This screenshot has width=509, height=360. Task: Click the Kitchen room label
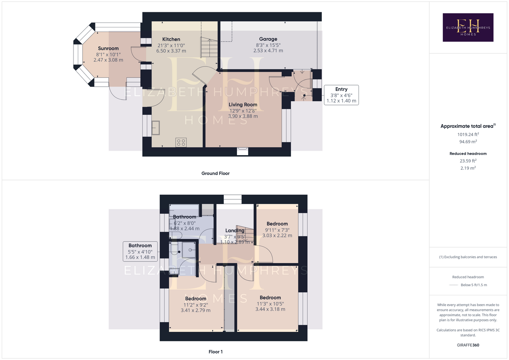pyautogui.click(x=171, y=39)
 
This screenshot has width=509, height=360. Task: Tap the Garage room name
pyautogui.click(x=268, y=39)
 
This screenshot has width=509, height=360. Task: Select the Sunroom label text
pyautogui.click(x=108, y=48)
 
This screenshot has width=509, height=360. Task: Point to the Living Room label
pyautogui.click(x=243, y=104)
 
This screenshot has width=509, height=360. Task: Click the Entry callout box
pyautogui.click(x=341, y=95)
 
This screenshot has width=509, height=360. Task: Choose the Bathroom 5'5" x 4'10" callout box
pyautogui.click(x=140, y=251)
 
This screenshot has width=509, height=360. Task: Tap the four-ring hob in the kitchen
pyautogui.click(x=181, y=143)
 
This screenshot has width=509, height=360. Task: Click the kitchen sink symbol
pyautogui.click(x=156, y=128)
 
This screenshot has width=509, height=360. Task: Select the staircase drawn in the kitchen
pyautogui.click(x=209, y=47)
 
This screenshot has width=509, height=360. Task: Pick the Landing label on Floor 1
pyautogui.click(x=235, y=230)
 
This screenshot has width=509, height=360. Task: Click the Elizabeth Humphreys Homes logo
pyautogui.click(x=468, y=27)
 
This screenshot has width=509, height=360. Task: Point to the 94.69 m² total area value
pyautogui.click(x=468, y=141)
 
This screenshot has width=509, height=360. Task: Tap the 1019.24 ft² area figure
pyautogui.click(x=468, y=134)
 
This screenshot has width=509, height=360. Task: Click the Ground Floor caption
pyautogui.click(x=215, y=173)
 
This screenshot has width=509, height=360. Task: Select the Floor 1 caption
pyautogui.click(x=215, y=352)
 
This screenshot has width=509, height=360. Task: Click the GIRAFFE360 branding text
pyautogui.click(x=468, y=345)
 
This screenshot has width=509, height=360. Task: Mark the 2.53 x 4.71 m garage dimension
pyautogui.click(x=268, y=51)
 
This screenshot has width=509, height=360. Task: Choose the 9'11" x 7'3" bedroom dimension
pyautogui.click(x=277, y=230)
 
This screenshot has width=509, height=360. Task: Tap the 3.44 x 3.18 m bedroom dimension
pyautogui.click(x=270, y=309)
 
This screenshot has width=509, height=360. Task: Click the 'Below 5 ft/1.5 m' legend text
pyautogui.click(x=474, y=285)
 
